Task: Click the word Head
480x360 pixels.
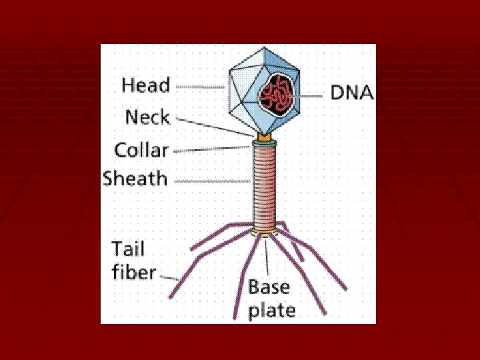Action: [145, 86]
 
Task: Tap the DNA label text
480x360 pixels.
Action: [352, 94]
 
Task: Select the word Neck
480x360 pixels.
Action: [147, 118]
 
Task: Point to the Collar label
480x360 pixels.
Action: [141, 150]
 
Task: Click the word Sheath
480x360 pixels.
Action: [135, 179]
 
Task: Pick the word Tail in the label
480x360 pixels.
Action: [128, 250]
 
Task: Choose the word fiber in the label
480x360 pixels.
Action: [133, 273]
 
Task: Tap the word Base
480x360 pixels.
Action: [269, 288]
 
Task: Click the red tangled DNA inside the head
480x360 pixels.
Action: [275, 94]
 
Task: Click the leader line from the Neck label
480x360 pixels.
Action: [213, 126]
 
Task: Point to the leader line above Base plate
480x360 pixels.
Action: [267, 257]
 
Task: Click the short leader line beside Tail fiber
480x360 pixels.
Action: [169, 275]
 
